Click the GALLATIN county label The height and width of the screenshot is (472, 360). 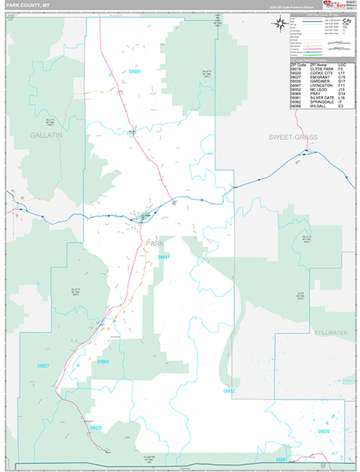click(x=46, y=135)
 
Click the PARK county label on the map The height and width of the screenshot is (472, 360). click(x=156, y=244)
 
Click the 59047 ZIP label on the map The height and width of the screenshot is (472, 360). click(x=163, y=257)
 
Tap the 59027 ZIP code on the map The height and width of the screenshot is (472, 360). click(x=43, y=366)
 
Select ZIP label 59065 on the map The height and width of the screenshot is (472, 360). click(x=105, y=361)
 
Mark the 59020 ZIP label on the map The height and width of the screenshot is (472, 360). click(x=323, y=432)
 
